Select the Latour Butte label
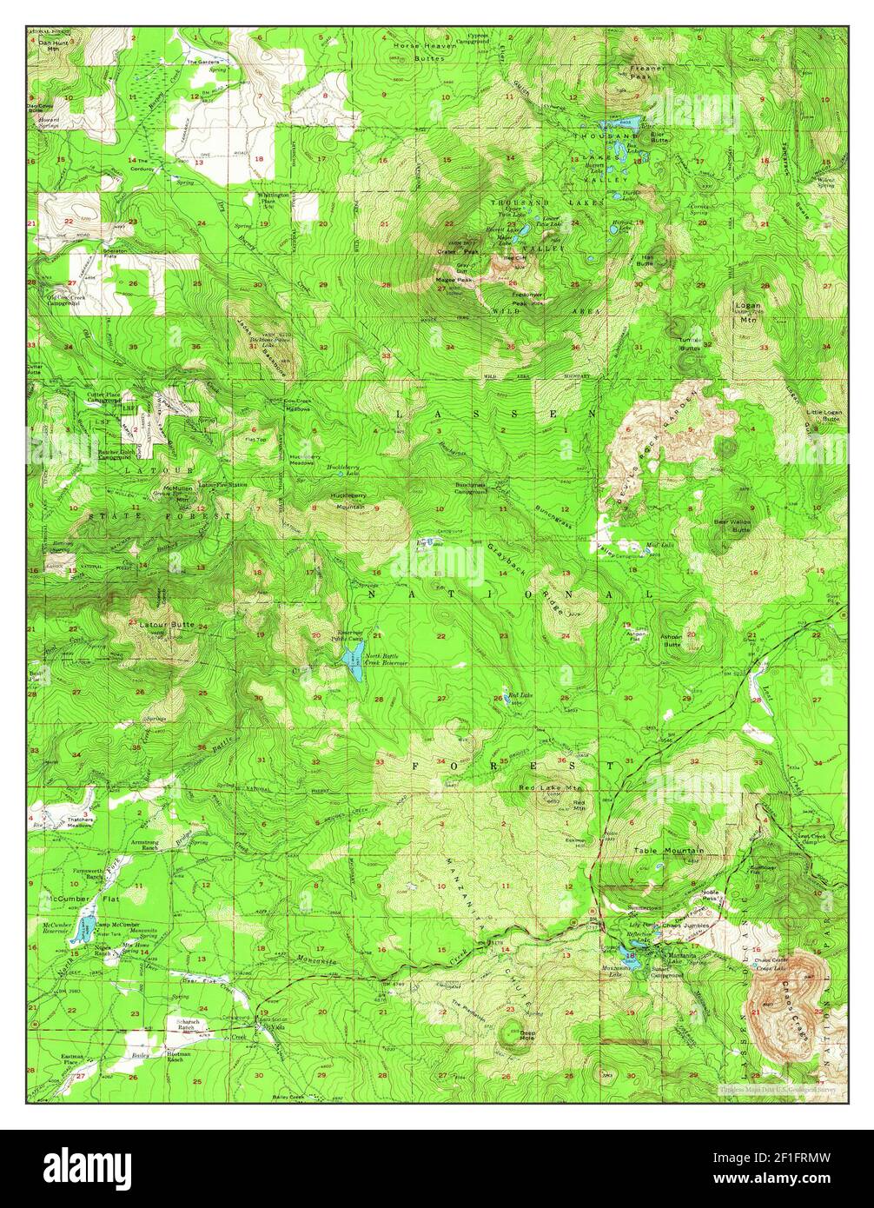click(x=167, y=625)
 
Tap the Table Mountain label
click(x=668, y=850)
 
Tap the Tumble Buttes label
click(x=689, y=343)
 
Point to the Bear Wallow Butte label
click(x=732, y=525)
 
